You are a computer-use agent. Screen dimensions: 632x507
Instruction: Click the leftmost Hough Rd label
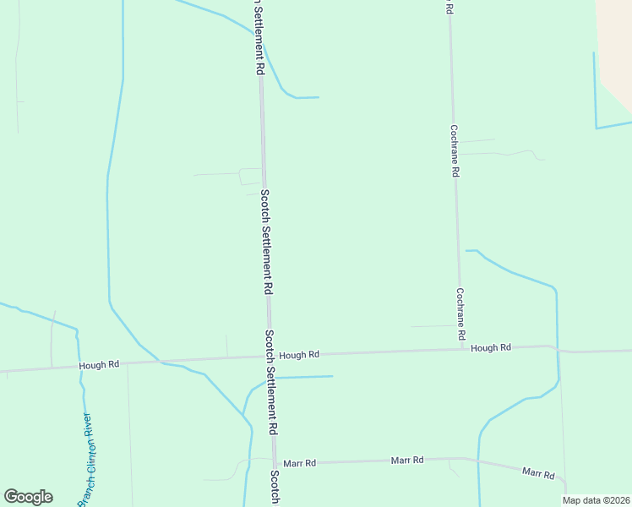(99, 365)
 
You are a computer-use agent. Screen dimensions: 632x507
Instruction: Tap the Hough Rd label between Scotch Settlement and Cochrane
(299, 355)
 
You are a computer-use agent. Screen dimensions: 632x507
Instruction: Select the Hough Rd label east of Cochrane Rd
(491, 347)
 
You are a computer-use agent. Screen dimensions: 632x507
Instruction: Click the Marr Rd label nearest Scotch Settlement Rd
(299, 463)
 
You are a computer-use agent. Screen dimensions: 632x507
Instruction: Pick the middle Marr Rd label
(406, 460)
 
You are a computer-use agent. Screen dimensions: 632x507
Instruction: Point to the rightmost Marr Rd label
(538, 473)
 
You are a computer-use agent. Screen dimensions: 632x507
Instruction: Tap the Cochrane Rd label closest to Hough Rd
(460, 313)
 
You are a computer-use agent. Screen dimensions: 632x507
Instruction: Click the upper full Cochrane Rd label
(455, 150)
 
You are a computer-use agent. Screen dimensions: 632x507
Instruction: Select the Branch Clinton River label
(87, 461)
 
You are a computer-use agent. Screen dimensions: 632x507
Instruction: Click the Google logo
(28, 497)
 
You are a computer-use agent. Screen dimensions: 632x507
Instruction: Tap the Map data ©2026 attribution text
(596, 500)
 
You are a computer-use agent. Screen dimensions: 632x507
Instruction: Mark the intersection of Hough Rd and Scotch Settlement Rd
(270, 357)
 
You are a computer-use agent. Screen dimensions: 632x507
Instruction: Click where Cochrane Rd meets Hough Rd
(463, 349)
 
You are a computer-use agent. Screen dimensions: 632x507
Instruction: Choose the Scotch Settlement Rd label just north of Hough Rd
(265, 241)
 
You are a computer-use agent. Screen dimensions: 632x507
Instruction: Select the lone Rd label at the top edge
(449, 7)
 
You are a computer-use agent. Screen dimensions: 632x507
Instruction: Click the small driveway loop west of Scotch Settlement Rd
(251, 176)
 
